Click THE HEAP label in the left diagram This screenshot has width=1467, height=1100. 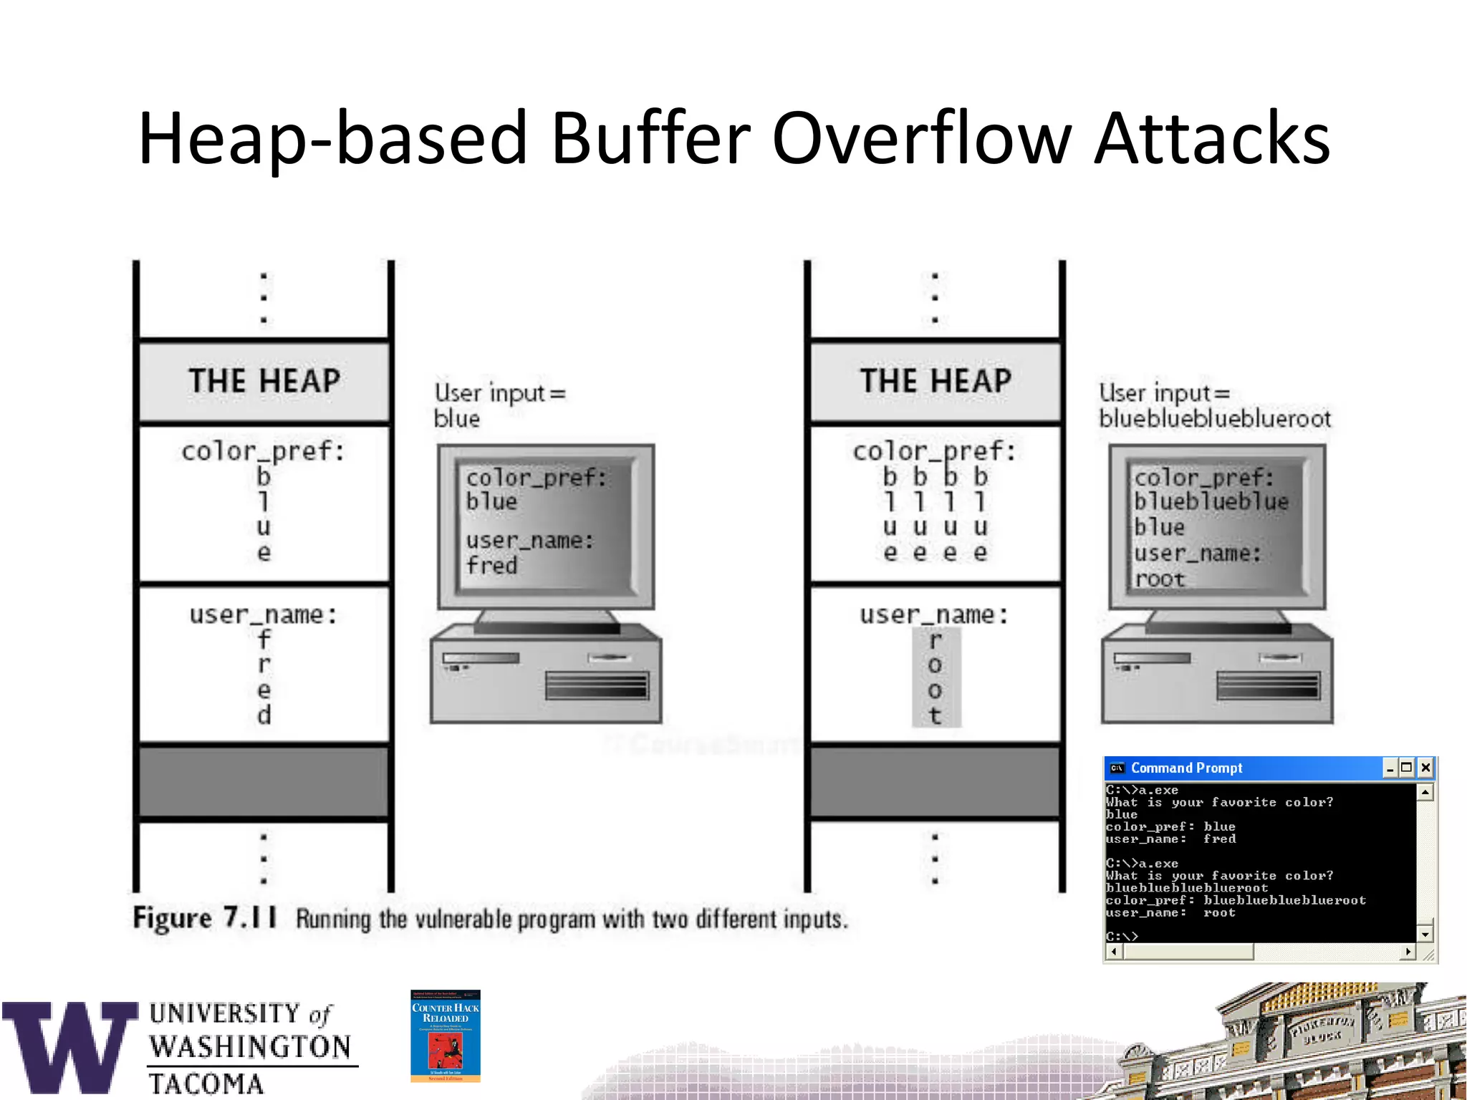pyautogui.click(x=264, y=380)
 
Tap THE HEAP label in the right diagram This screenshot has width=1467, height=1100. pyautogui.click(x=935, y=380)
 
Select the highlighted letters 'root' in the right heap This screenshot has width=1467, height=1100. pyautogui.click(x=935, y=677)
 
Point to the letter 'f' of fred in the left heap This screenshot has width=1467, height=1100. pyautogui.click(x=264, y=639)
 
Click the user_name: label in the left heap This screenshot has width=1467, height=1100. pyautogui.click(x=263, y=614)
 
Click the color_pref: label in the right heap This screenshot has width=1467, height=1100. pyautogui.click(x=934, y=451)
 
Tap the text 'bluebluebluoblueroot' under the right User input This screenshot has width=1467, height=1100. pyautogui.click(x=1215, y=418)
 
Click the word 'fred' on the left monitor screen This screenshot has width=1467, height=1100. pyautogui.click(x=491, y=566)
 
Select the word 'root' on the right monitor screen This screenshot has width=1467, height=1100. pyautogui.click(x=1160, y=579)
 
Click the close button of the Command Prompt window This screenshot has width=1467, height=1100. pyautogui.click(x=1425, y=768)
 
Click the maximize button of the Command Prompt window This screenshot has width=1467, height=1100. pyautogui.click(x=1407, y=768)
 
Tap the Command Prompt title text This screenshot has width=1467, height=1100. pyautogui.click(x=1186, y=768)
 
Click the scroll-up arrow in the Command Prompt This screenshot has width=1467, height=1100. pyautogui.click(x=1425, y=792)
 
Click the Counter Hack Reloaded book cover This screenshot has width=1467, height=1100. pyautogui.click(x=445, y=1036)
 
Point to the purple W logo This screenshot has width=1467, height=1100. pyautogui.click(x=70, y=1047)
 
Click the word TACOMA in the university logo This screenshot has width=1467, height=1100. pyautogui.click(x=206, y=1084)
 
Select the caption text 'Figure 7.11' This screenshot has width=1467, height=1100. pyautogui.click(x=205, y=917)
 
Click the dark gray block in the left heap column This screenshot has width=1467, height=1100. pyautogui.click(x=264, y=781)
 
